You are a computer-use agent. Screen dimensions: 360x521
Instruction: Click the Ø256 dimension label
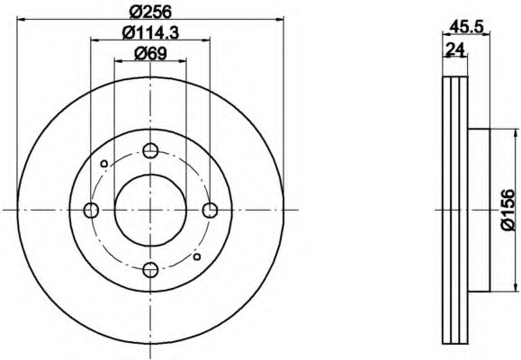coord(149,10)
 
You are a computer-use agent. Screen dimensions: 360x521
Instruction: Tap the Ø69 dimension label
coord(149,53)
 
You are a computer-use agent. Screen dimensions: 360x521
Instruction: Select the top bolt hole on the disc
coord(150,150)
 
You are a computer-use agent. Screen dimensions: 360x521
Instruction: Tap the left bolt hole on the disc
coord(90,211)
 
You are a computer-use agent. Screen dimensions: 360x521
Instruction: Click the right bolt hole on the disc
coord(210,211)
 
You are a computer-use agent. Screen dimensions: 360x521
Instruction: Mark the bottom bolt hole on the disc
coord(150,269)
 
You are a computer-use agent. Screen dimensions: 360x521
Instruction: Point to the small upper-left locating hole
coord(104,163)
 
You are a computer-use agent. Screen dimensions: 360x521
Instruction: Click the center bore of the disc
coord(150,211)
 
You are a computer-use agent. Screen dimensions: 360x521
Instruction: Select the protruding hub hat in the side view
coord(479,211)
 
